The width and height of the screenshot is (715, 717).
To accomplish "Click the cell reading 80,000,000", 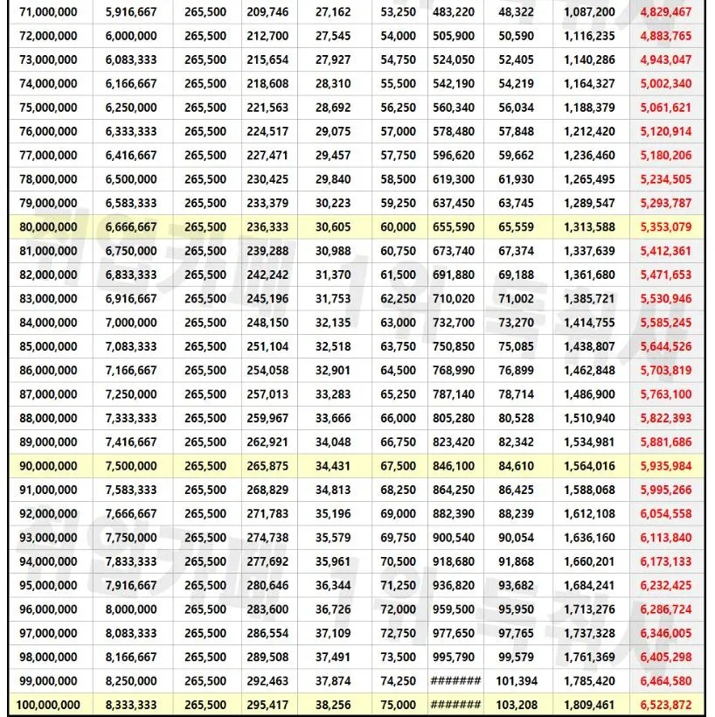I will click(47, 227).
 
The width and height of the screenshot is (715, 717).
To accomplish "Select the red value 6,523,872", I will click(665, 705).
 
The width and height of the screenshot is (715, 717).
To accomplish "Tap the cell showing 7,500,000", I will click(131, 466).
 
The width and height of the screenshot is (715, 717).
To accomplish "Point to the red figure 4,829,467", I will click(665, 12).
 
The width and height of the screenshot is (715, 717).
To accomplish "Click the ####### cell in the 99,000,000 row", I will click(455, 681).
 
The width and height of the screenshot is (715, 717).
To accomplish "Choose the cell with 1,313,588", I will click(589, 227).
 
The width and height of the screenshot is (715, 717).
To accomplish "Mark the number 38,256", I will click(332, 705).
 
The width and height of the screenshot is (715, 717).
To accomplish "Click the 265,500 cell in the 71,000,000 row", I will click(205, 12).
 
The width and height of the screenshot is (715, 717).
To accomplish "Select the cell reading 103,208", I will click(516, 705).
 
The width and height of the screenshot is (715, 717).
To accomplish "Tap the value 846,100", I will click(455, 466).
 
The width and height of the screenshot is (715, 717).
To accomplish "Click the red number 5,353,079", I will click(665, 227).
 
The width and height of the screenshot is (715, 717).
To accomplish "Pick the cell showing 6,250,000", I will click(131, 108).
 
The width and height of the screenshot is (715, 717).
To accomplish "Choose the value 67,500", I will click(399, 466).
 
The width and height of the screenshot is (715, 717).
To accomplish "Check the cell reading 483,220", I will click(455, 12).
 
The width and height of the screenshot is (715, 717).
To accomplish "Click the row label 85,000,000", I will click(47, 346).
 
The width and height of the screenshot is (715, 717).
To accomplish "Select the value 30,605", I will click(332, 227).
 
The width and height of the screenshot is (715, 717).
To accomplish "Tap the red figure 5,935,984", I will click(665, 466).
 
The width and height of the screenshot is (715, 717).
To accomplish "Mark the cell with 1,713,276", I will click(589, 609).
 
